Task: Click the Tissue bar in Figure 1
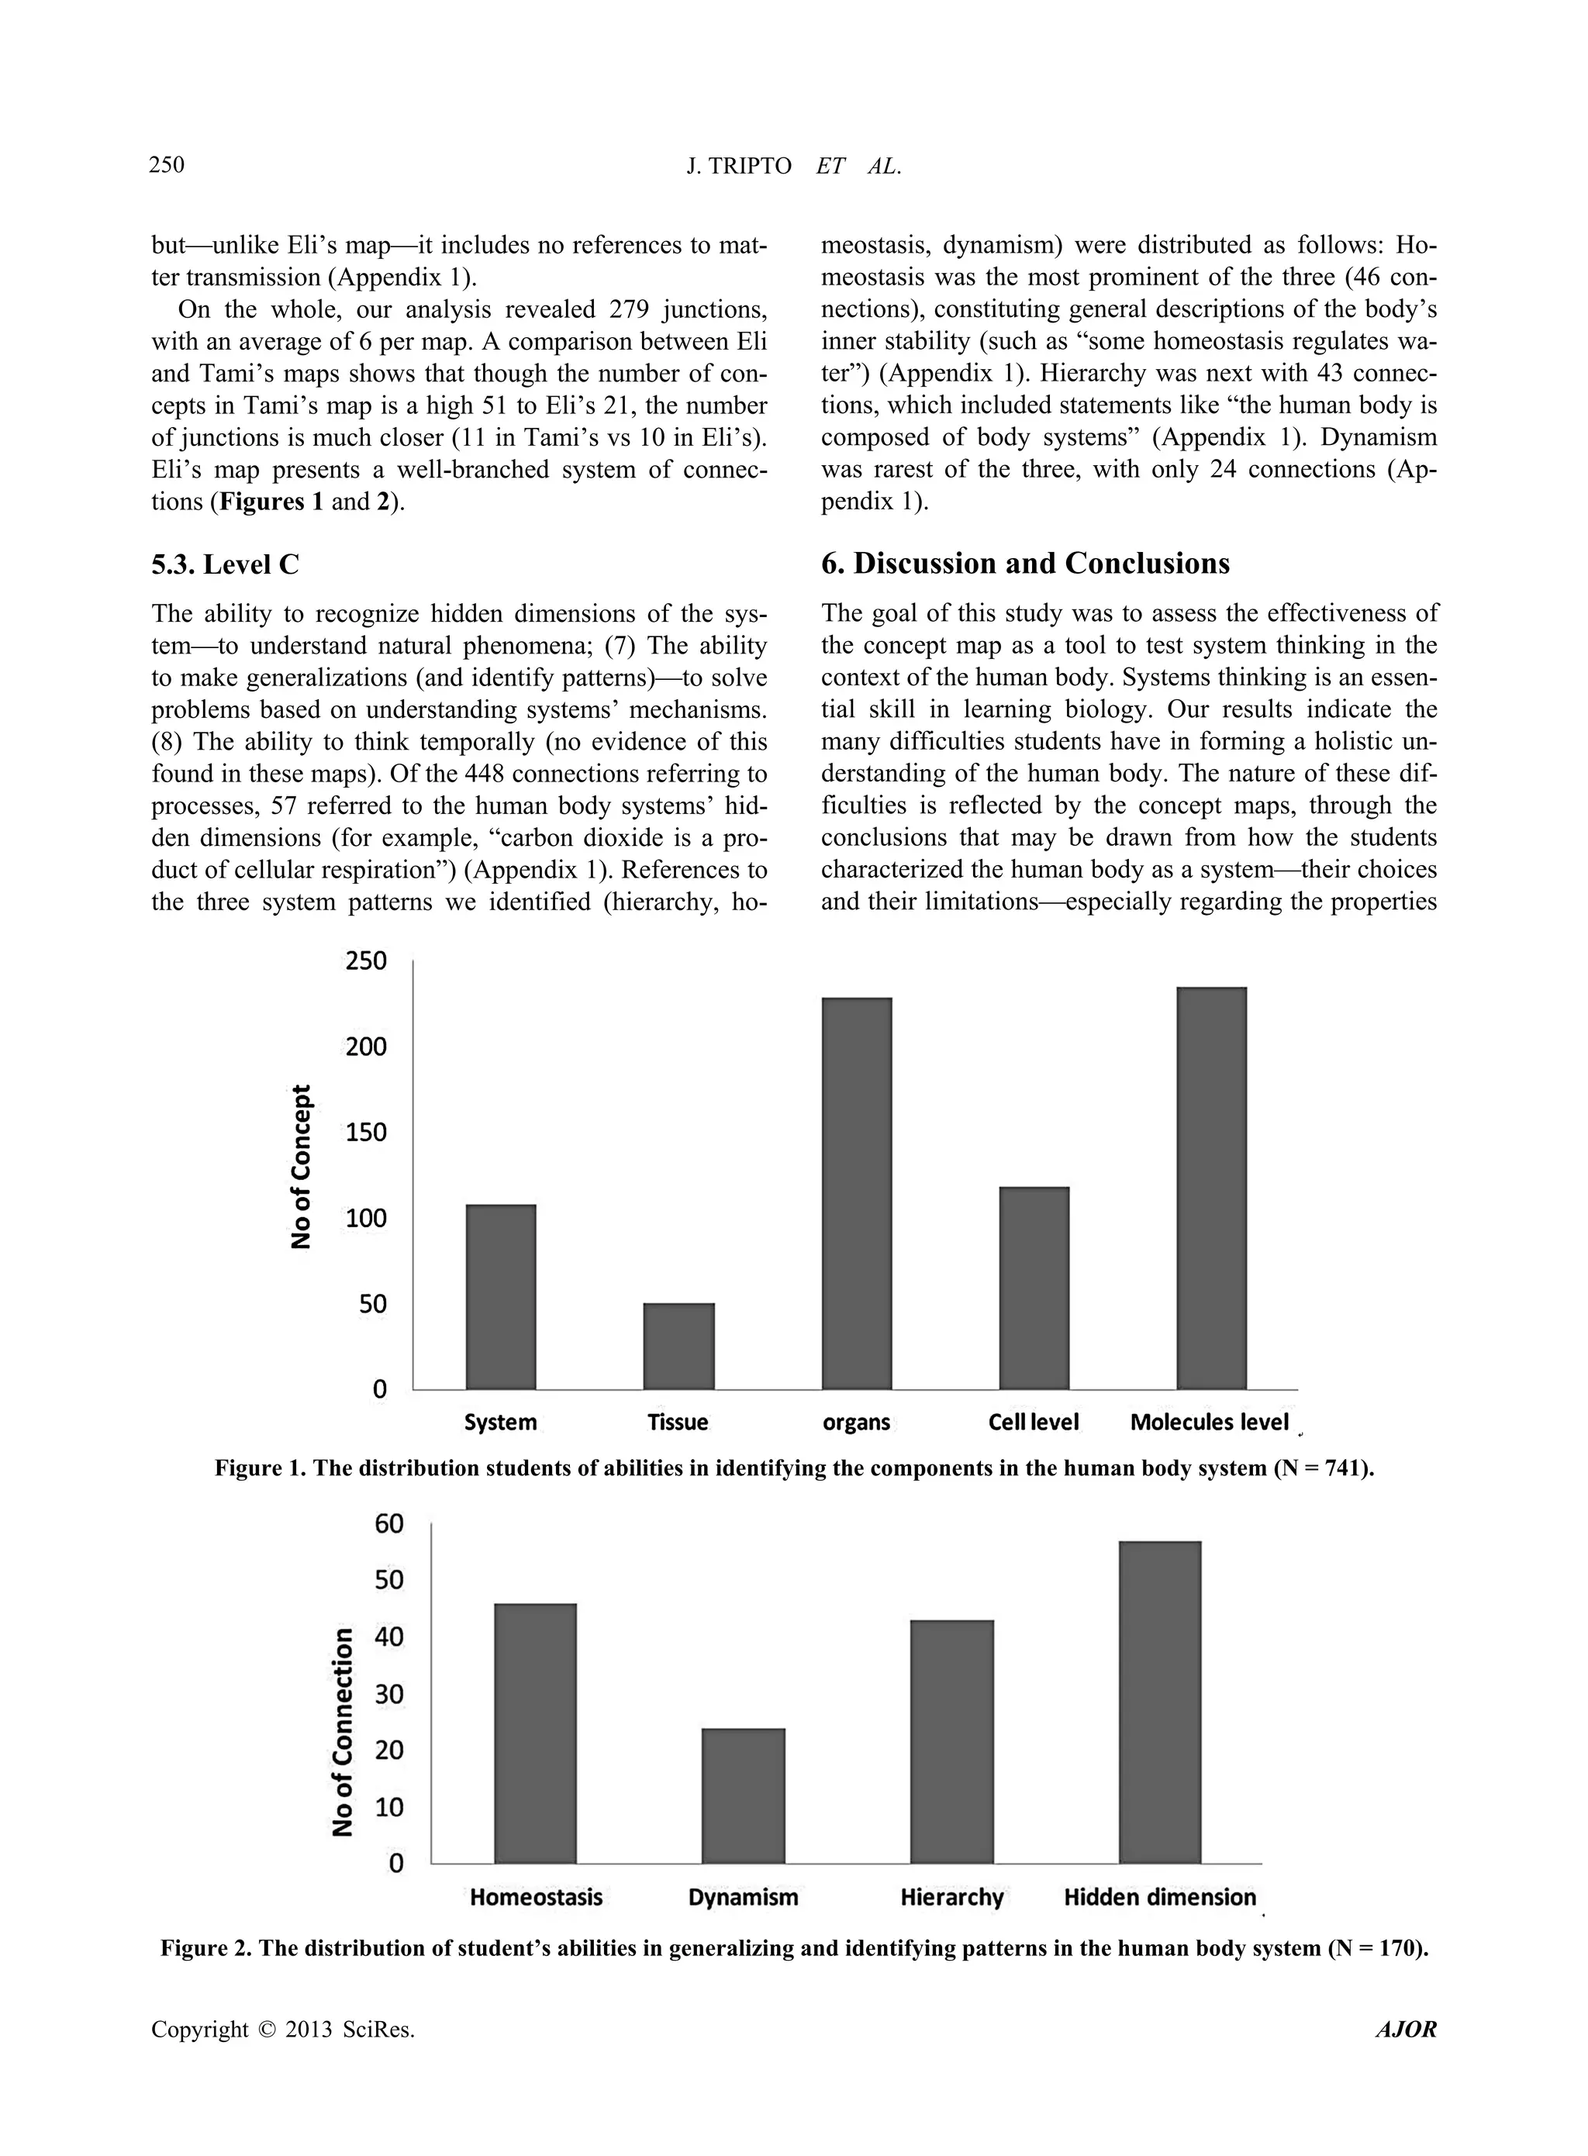(678, 1346)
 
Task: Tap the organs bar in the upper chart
(857, 1193)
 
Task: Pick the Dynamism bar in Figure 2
(743, 1796)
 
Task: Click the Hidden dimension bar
(1159, 1702)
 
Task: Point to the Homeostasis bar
(536, 1733)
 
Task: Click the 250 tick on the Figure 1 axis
(366, 961)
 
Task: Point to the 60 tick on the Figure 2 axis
(389, 1523)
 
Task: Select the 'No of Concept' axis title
(302, 1166)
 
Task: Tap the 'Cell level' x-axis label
(1034, 1423)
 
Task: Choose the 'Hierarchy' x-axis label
(951, 1897)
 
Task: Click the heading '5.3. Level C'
(225, 564)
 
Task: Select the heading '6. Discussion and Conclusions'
(1025, 564)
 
